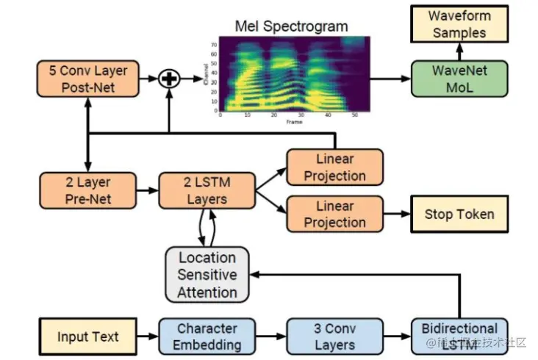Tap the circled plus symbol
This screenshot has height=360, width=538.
(170, 79)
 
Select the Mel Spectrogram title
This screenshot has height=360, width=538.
(292, 27)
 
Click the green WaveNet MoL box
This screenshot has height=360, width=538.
(460, 79)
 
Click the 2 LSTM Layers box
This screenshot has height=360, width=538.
(207, 190)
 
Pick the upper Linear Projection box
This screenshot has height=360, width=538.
(334, 168)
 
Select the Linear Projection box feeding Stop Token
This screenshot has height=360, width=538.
(334, 214)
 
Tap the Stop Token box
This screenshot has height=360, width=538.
(459, 215)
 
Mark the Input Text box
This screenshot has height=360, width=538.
(87, 337)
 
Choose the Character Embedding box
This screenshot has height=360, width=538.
(207, 336)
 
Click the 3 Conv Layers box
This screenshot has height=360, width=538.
(334, 336)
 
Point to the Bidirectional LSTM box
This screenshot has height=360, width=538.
(459, 336)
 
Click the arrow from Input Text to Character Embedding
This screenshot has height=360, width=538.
(148, 337)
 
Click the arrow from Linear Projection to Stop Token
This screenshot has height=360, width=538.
(397, 215)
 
